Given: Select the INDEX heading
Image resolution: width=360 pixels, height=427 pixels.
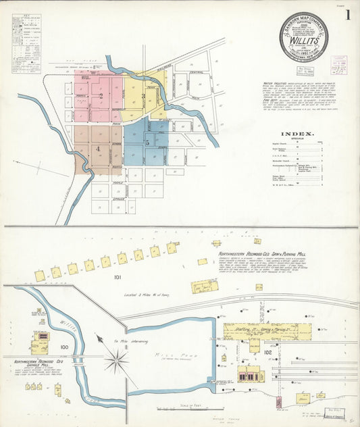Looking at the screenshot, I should (297, 134).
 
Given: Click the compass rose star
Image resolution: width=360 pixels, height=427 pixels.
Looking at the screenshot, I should (117, 360).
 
